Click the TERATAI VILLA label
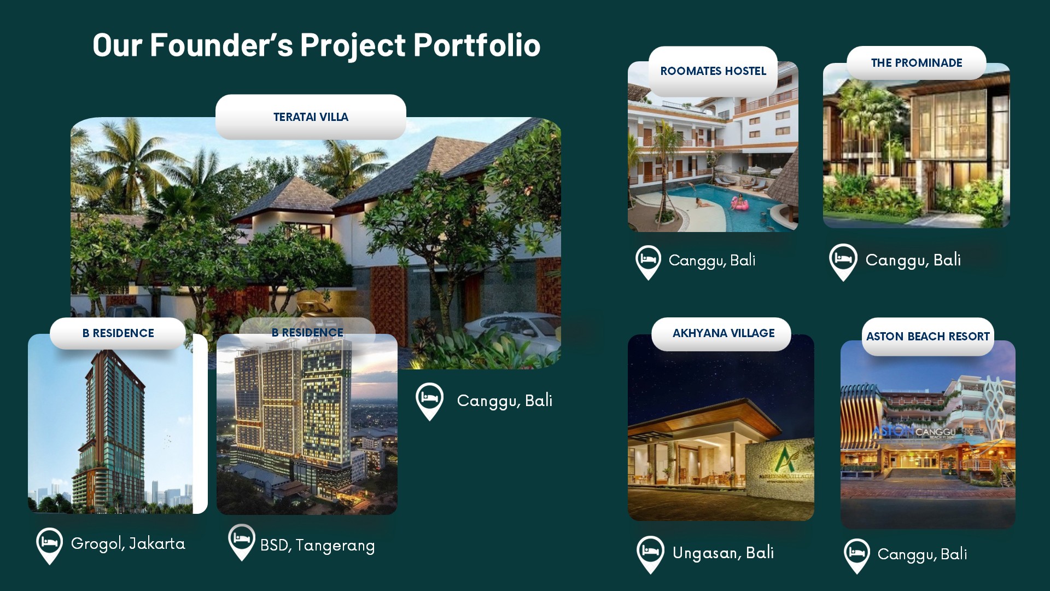click(x=311, y=117)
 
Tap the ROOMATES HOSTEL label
click(x=713, y=71)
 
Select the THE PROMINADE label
click(x=917, y=63)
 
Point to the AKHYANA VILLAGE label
click(x=724, y=333)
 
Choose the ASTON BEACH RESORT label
click(x=928, y=337)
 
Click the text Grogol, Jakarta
click(x=128, y=544)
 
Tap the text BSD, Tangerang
click(x=318, y=546)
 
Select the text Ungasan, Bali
click(x=723, y=553)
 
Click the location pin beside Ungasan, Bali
click(x=651, y=554)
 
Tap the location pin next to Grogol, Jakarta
click(x=49, y=546)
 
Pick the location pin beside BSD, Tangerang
click(x=241, y=542)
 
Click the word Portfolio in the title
click(x=477, y=45)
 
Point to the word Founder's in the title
click(x=221, y=45)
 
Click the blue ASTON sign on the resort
click(x=892, y=431)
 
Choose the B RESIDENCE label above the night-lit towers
click(x=307, y=333)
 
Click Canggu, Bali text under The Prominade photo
click(x=913, y=260)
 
